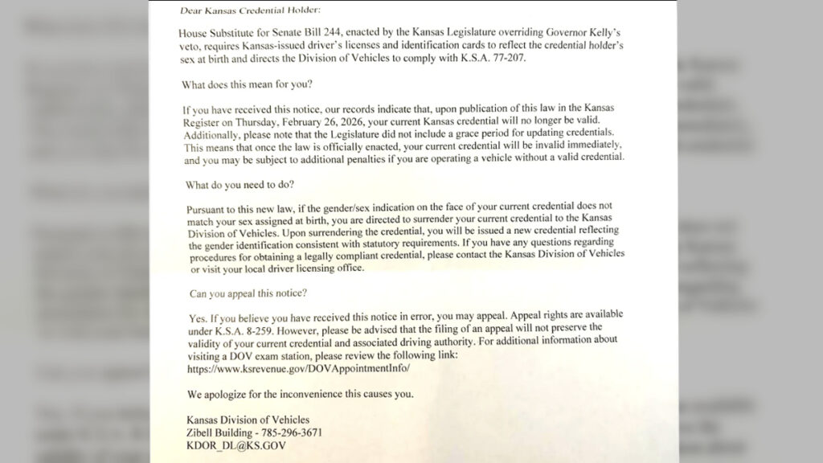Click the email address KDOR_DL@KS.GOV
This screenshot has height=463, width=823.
(x=235, y=445)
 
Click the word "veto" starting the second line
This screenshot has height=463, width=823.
(x=190, y=47)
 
